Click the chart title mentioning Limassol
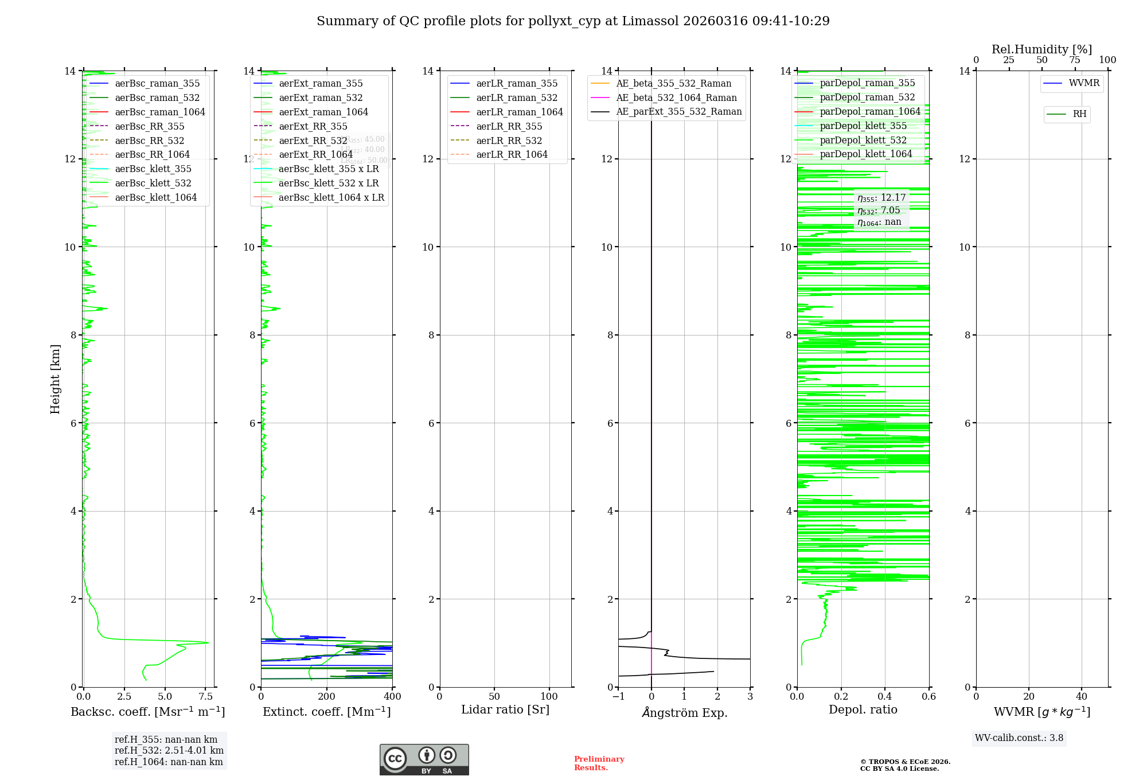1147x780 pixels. [573, 21]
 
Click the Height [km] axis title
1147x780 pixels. [55, 379]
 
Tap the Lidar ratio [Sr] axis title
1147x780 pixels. [505, 709]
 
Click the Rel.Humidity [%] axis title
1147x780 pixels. [1041, 49]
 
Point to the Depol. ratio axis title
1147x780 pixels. [863, 709]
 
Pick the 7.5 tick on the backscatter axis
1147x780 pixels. [206, 697]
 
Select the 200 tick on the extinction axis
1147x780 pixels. [327, 697]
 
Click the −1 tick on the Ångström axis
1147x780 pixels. [618, 697]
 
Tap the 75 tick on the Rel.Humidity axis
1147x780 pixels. [1075, 60]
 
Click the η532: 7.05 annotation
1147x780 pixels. [879, 210]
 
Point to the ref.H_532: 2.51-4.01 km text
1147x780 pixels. [169, 751]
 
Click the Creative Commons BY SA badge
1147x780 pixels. [424, 760]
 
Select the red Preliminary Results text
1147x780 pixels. [599, 763]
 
